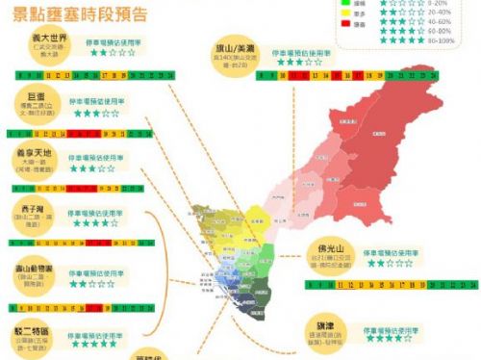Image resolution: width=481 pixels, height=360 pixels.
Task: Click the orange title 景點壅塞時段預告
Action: point(80,13)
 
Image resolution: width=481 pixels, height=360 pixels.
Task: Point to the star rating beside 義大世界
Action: point(112,55)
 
